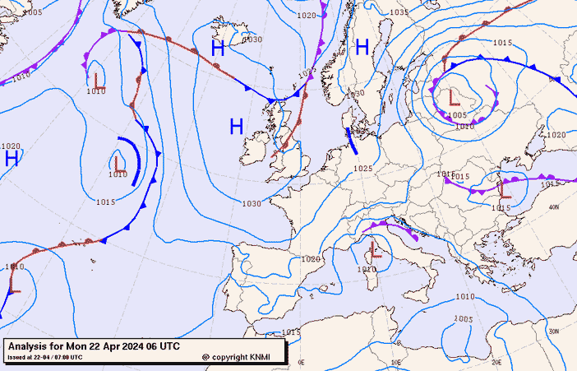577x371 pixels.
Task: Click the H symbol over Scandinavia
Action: point(362,48)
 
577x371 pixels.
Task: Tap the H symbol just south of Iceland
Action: point(218,49)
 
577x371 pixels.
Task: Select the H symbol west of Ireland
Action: point(237,126)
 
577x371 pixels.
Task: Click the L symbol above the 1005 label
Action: point(454,97)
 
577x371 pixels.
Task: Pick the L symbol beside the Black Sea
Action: point(505,191)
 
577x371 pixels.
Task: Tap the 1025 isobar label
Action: point(362,169)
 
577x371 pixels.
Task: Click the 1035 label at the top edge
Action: point(399,12)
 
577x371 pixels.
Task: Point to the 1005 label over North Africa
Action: point(464,318)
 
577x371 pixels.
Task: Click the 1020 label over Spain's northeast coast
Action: point(311,259)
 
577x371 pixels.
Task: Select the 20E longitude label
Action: point(496,361)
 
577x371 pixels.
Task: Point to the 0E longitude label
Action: point(301,362)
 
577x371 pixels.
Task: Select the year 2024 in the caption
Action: point(134,346)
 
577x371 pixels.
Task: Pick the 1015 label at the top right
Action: point(503,43)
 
